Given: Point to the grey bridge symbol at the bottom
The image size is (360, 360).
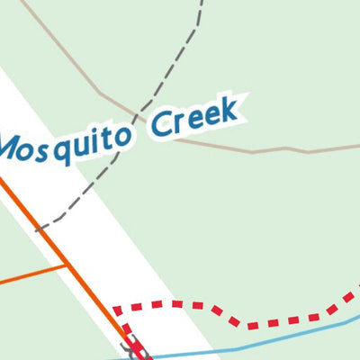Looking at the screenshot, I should (138, 352).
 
